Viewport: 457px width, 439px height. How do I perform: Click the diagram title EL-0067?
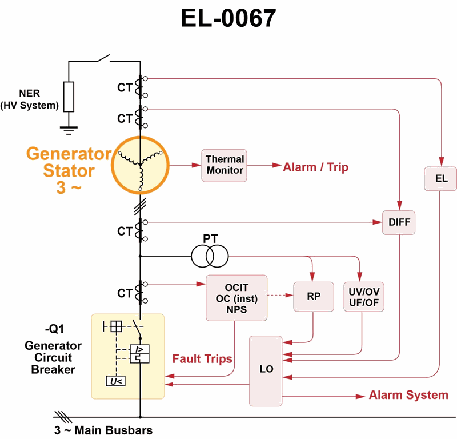[x=228, y=19]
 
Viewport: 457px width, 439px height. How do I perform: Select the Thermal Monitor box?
[x=225, y=165]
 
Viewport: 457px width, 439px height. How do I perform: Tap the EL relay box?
[x=441, y=178]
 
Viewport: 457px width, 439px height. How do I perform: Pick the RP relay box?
[x=313, y=296]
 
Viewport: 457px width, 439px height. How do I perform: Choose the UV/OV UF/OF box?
[x=364, y=296]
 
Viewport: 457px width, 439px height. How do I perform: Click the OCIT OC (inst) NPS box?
[x=236, y=297]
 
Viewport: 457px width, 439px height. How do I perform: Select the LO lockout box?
[x=266, y=370]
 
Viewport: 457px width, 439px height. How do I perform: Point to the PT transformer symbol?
[x=210, y=256]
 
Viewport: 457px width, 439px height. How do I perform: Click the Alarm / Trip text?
[x=315, y=167]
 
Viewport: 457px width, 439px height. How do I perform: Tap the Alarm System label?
[x=408, y=395]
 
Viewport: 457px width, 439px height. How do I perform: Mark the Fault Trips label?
[x=202, y=359]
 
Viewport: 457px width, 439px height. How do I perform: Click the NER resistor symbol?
[x=69, y=97]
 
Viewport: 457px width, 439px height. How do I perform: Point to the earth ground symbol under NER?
[x=69, y=131]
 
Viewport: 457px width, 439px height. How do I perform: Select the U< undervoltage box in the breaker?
[x=117, y=380]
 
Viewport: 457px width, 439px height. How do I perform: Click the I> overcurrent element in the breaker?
[x=140, y=348]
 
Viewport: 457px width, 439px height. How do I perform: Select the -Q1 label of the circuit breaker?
[x=53, y=330]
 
